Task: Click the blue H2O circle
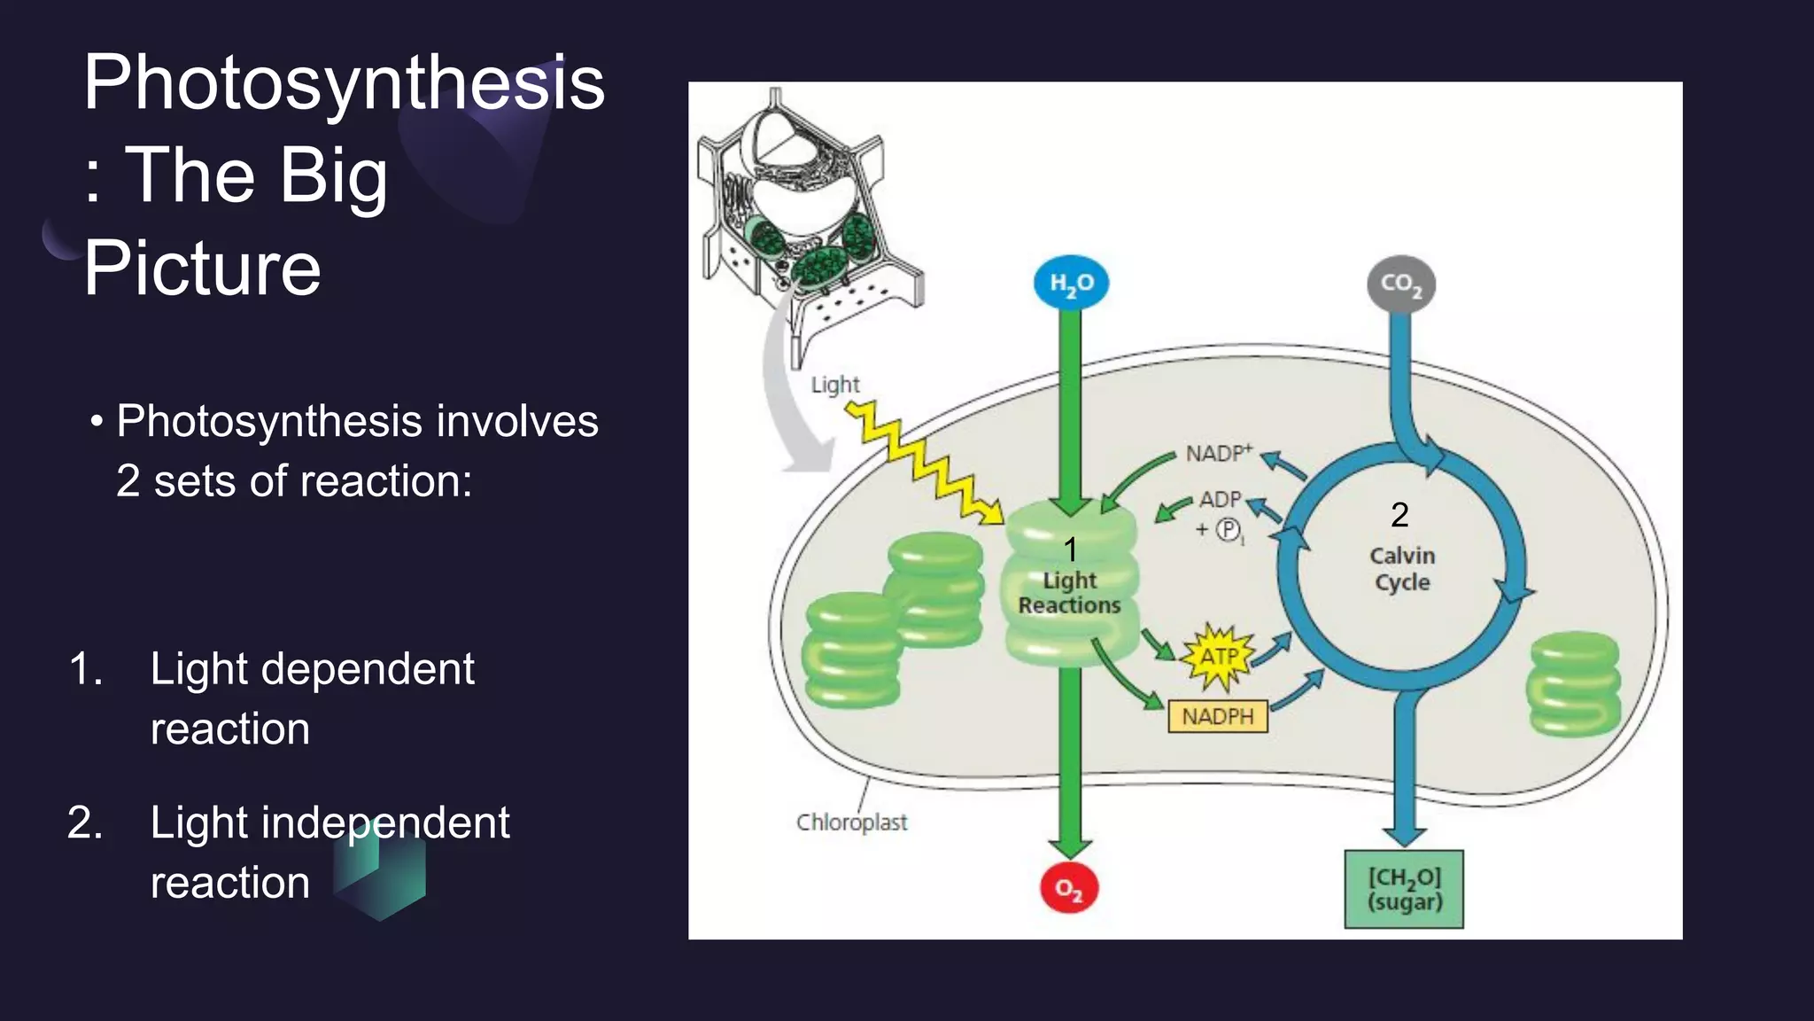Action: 1071,283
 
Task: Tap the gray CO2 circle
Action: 1401,284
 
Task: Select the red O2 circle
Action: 1069,888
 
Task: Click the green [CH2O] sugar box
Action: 1404,889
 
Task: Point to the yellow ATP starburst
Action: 1219,657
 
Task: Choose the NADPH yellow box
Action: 1218,716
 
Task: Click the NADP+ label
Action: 1219,453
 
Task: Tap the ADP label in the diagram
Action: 1221,499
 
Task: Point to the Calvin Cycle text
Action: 1402,568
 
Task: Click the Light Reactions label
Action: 1069,592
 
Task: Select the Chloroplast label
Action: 851,822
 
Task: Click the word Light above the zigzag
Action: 835,385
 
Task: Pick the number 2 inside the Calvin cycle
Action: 1399,515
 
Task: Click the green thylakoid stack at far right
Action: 1575,683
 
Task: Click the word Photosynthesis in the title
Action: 344,82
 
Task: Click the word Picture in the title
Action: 202,268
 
